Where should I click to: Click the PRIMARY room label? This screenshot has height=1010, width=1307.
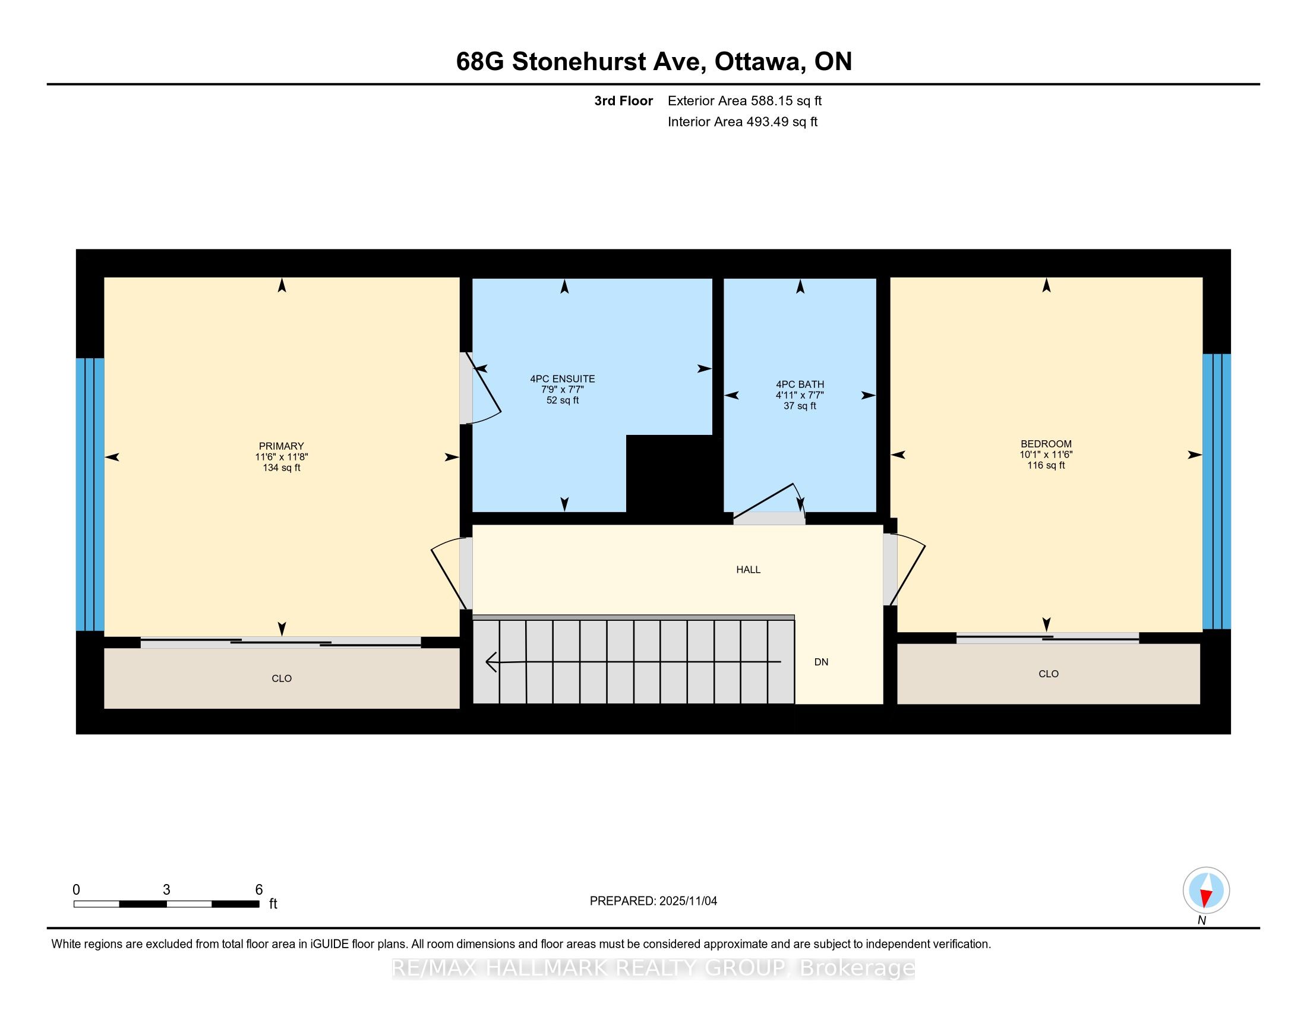coord(281,446)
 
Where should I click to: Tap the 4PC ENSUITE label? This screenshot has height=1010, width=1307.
coord(562,380)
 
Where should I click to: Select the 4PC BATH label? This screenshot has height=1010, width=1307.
coord(800,385)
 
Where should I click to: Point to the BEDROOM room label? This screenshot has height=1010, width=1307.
coord(1046,444)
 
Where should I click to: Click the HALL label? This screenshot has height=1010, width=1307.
coord(748,570)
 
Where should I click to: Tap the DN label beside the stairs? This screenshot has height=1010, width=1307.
coord(821,662)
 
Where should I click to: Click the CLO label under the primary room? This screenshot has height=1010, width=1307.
coord(281,678)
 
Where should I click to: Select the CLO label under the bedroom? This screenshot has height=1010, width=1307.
coord(1049,674)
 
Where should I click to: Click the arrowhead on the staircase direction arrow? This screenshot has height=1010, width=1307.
coord(491,662)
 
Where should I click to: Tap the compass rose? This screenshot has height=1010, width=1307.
coord(1206,891)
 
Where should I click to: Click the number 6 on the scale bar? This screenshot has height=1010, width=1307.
coord(259,890)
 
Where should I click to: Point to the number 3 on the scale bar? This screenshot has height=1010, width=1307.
coord(166,890)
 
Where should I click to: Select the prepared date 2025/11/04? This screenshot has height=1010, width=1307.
coord(687,901)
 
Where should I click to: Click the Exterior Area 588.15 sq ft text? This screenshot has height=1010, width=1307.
coord(744,101)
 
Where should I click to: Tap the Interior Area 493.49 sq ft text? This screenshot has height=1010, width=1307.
coord(742,122)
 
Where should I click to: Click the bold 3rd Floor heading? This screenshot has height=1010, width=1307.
coord(623,101)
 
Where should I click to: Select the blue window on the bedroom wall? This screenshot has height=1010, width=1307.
coord(1216,491)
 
